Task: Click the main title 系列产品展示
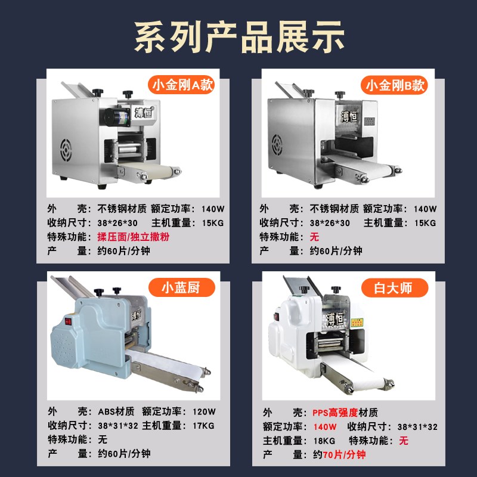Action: coord(238,37)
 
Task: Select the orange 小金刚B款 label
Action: coord(396,85)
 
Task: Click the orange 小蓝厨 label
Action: coord(180,288)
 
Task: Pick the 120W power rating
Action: coord(203,411)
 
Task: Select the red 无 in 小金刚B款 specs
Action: coord(315,237)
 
